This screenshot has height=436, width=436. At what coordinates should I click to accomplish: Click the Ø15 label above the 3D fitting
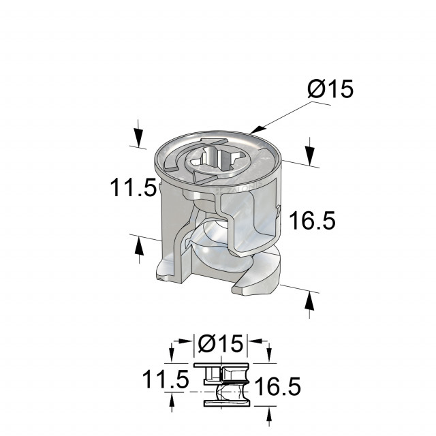click(x=330, y=89)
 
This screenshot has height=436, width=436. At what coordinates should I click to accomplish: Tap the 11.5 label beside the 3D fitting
click(x=134, y=187)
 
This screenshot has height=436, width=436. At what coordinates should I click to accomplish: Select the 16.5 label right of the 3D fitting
click(x=312, y=220)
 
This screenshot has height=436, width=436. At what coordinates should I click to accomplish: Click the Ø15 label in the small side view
click(x=220, y=343)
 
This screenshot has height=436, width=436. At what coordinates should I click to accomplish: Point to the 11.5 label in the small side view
click(x=166, y=379)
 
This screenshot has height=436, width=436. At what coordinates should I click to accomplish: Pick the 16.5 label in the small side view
click(x=277, y=386)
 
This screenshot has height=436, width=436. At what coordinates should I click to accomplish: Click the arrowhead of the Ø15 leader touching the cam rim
click(x=258, y=130)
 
